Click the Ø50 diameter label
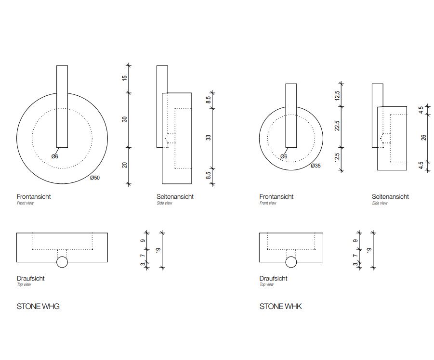tap(95, 178)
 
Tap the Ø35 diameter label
tap(316, 166)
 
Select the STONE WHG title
tap(38, 307)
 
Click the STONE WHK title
tap(281, 307)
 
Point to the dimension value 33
tap(209, 138)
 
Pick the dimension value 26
tap(423, 138)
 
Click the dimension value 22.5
tap(337, 126)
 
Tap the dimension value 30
tap(125, 119)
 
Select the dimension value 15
tap(125, 78)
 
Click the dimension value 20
tap(125, 165)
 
